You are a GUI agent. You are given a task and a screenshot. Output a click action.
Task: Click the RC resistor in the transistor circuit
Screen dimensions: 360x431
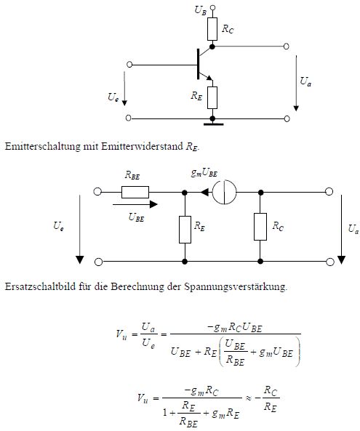coord(212,29)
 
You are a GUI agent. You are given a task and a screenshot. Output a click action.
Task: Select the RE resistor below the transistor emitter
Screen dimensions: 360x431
coord(212,97)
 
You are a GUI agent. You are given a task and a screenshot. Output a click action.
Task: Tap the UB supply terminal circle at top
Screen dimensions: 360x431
coord(212,7)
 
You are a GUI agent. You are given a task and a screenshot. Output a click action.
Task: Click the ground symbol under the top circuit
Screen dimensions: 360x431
coord(213,124)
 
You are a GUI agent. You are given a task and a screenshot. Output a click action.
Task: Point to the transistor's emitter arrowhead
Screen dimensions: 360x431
coord(209,78)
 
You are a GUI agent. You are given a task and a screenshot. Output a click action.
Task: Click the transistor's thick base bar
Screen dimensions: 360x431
coord(198,64)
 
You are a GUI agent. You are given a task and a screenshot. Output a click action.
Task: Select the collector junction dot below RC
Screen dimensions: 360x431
coord(212,47)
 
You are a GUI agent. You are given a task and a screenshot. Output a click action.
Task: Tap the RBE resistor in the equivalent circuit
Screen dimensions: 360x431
coord(135,192)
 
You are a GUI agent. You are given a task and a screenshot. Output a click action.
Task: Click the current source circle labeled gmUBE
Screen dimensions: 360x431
coord(225,192)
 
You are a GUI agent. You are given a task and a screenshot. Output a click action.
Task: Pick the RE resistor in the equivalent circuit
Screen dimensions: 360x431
coord(185,230)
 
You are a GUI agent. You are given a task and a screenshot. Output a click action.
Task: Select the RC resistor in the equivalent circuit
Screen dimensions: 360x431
coord(260,227)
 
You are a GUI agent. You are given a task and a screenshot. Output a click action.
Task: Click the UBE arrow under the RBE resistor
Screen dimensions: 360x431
coord(135,204)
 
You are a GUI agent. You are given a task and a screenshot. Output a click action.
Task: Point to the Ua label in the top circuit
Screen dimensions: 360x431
coord(305,81)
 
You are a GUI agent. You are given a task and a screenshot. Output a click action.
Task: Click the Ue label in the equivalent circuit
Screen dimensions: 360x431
coord(59,226)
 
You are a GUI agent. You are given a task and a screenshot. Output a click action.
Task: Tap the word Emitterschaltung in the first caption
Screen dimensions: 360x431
coord(43,146)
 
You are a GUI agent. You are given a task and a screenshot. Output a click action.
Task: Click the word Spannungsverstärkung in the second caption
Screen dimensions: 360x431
coord(236,286)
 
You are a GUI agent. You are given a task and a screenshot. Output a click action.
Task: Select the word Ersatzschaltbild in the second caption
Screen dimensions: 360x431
coord(40,286)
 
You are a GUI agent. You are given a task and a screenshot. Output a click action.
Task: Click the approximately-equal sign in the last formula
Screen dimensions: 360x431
coord(248,398)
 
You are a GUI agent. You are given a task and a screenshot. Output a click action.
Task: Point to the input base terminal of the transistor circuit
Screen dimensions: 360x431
coord(129,65)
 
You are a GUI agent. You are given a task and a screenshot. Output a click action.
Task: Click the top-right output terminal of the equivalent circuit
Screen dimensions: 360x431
coord(329,192)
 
